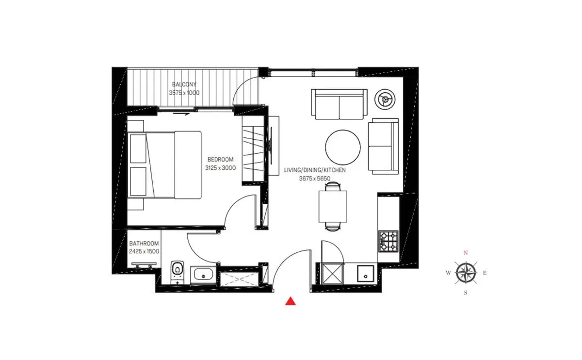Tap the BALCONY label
(184, 84)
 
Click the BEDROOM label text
(220, 159)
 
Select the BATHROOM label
(144, 244)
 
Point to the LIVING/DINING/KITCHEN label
(315, 170)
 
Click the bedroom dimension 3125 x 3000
(220, 168)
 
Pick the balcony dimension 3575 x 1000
(184, 93)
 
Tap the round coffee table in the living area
(343, 147)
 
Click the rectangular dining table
(333, 206)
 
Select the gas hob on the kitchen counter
(388, 241)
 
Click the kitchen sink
(366, 274)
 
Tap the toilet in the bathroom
(178, 272)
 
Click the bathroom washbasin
(203, 275)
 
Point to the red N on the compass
(466, 253)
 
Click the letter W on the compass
(449, 273)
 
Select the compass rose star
(467, 273)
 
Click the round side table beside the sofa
(385, 99)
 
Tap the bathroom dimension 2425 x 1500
(144, 251)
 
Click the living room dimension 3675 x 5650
(315, 179)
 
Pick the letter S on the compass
(466, 293)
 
